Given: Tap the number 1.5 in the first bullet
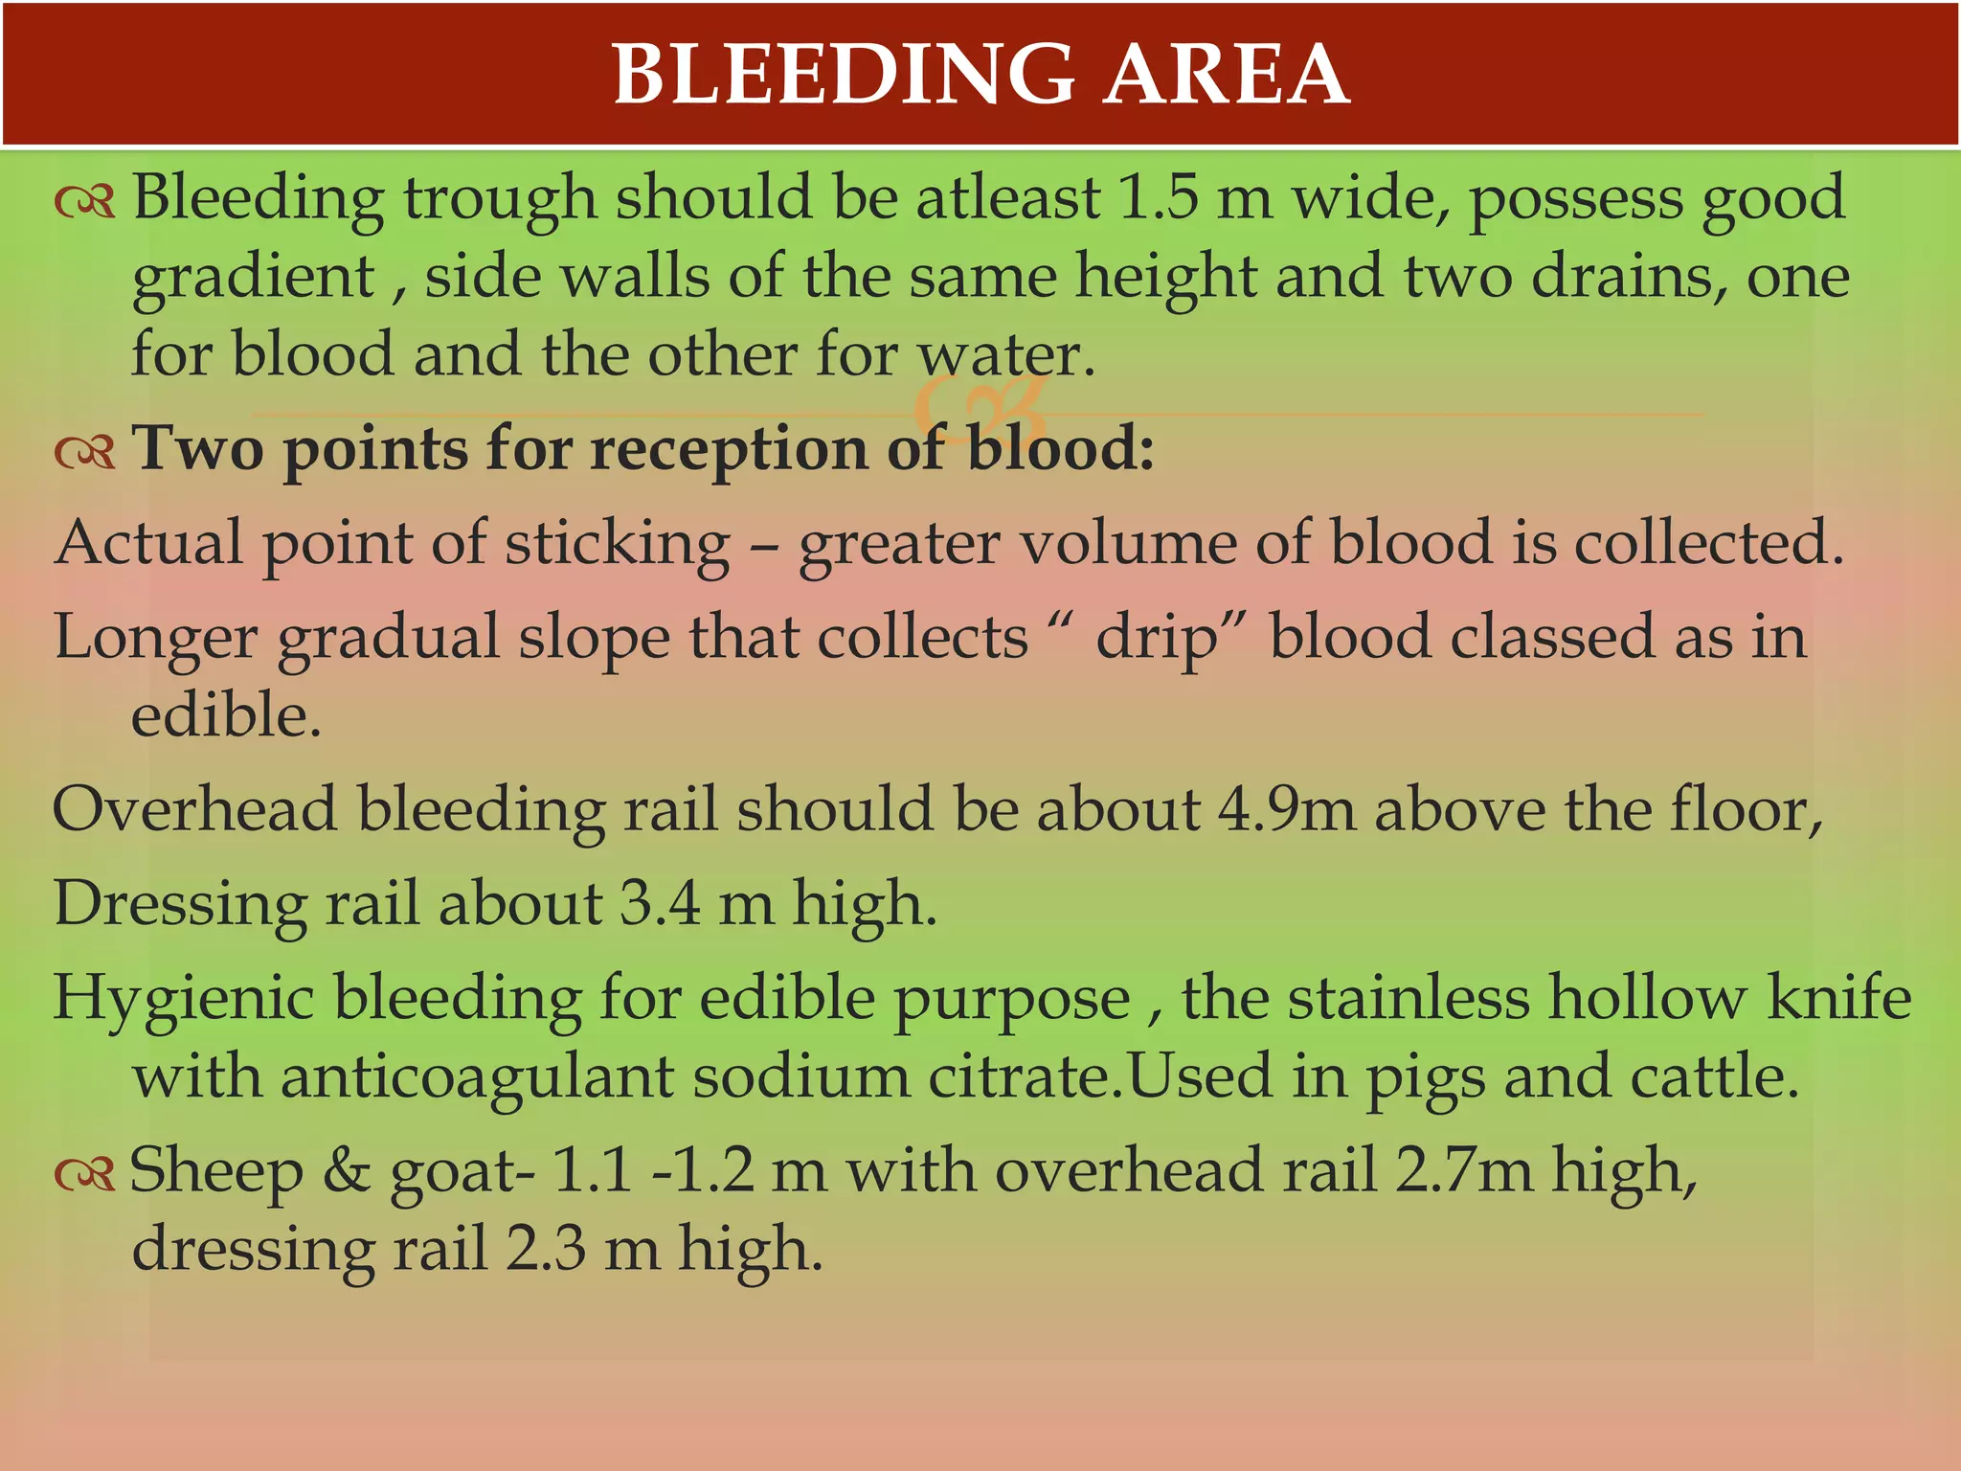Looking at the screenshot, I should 1158,198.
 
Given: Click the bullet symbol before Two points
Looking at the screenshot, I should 84,450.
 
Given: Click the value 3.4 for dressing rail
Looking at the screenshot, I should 660,903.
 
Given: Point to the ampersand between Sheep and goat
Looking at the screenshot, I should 347,1170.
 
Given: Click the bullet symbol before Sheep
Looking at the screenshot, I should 84,1172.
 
